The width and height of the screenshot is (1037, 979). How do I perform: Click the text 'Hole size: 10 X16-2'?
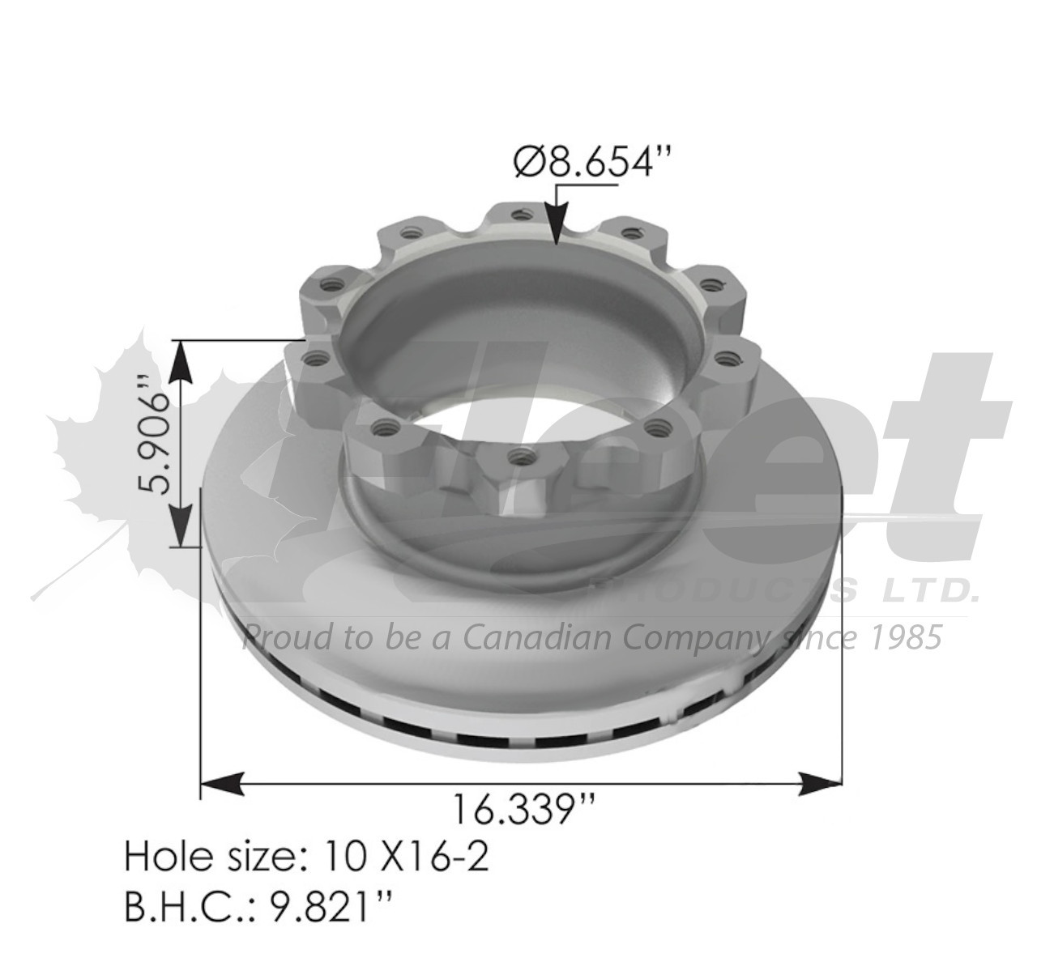[306, 856]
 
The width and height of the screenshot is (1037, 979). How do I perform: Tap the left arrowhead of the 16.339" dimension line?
[223, 782]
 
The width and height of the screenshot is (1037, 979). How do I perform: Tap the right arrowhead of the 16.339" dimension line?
[820, 782]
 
